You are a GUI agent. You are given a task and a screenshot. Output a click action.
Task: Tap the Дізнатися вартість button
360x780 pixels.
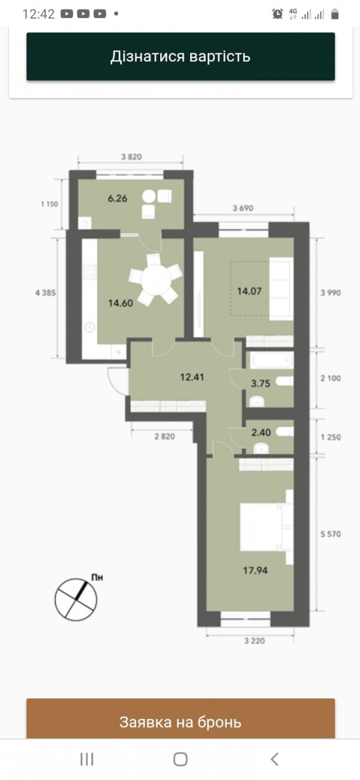181,56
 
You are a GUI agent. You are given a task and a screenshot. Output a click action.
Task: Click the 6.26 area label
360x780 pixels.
118,199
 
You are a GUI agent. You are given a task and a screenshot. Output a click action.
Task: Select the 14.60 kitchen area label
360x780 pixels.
121,303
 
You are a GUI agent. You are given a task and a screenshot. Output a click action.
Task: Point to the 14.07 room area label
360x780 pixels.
249,291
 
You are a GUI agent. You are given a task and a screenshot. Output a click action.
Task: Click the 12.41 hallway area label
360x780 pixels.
192,377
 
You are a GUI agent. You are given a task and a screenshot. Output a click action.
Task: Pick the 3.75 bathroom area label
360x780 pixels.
260,383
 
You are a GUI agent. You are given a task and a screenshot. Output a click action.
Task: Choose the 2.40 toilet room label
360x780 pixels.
261,433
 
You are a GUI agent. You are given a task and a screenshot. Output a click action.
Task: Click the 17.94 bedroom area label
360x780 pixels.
255,571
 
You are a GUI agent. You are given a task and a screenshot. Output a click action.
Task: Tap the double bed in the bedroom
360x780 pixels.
266,527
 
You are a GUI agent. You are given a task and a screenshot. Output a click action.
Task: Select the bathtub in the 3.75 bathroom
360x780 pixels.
271,360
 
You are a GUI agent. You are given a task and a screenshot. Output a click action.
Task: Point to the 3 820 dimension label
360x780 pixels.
131,157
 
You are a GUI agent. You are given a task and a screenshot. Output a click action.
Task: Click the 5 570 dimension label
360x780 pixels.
331,534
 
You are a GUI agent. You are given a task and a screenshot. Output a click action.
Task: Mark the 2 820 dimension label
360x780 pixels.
164,436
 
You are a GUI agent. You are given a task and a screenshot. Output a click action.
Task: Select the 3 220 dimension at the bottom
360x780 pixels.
254,641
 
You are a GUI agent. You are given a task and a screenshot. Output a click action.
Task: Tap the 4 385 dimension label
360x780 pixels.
45,293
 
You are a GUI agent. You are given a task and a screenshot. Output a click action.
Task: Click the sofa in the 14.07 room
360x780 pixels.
281,289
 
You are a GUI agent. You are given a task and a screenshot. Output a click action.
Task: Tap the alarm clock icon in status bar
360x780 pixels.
277,14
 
